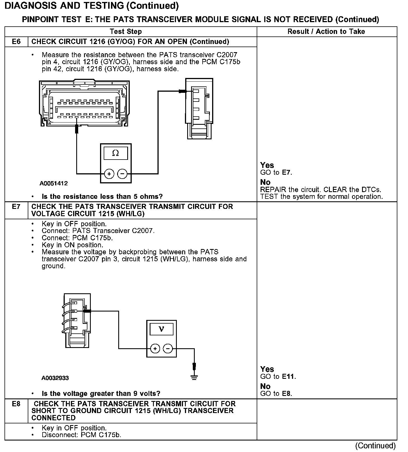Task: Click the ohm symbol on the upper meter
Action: coord(115,153)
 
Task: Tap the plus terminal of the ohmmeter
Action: coord(109,174)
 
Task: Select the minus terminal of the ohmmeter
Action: coord(122,174)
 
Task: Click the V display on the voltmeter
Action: coord(161,329)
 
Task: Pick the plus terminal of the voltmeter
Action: coord(155,349)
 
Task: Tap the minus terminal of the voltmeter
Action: coord(168,349)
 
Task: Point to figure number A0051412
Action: coord(54,183)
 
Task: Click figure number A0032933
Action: coord(55,378)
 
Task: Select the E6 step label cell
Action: coord(16,42)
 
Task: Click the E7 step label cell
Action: coord(16,207)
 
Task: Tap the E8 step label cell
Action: coord(16,404)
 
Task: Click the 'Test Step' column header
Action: coord(126,31)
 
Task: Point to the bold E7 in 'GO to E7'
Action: coord(286,172)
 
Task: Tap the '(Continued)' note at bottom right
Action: coord(375,446)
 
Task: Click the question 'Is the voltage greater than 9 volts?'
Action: coord(101,393)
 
